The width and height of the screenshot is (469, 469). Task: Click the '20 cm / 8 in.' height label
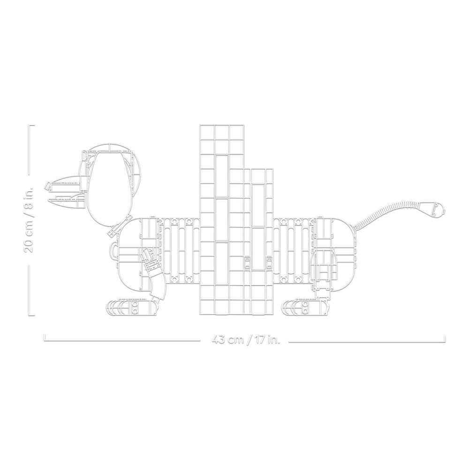point(29,219)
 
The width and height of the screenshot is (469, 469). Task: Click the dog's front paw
point(132,308)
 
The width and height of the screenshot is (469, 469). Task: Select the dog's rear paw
point(307,308)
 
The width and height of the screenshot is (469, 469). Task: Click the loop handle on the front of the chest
point(113,248)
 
